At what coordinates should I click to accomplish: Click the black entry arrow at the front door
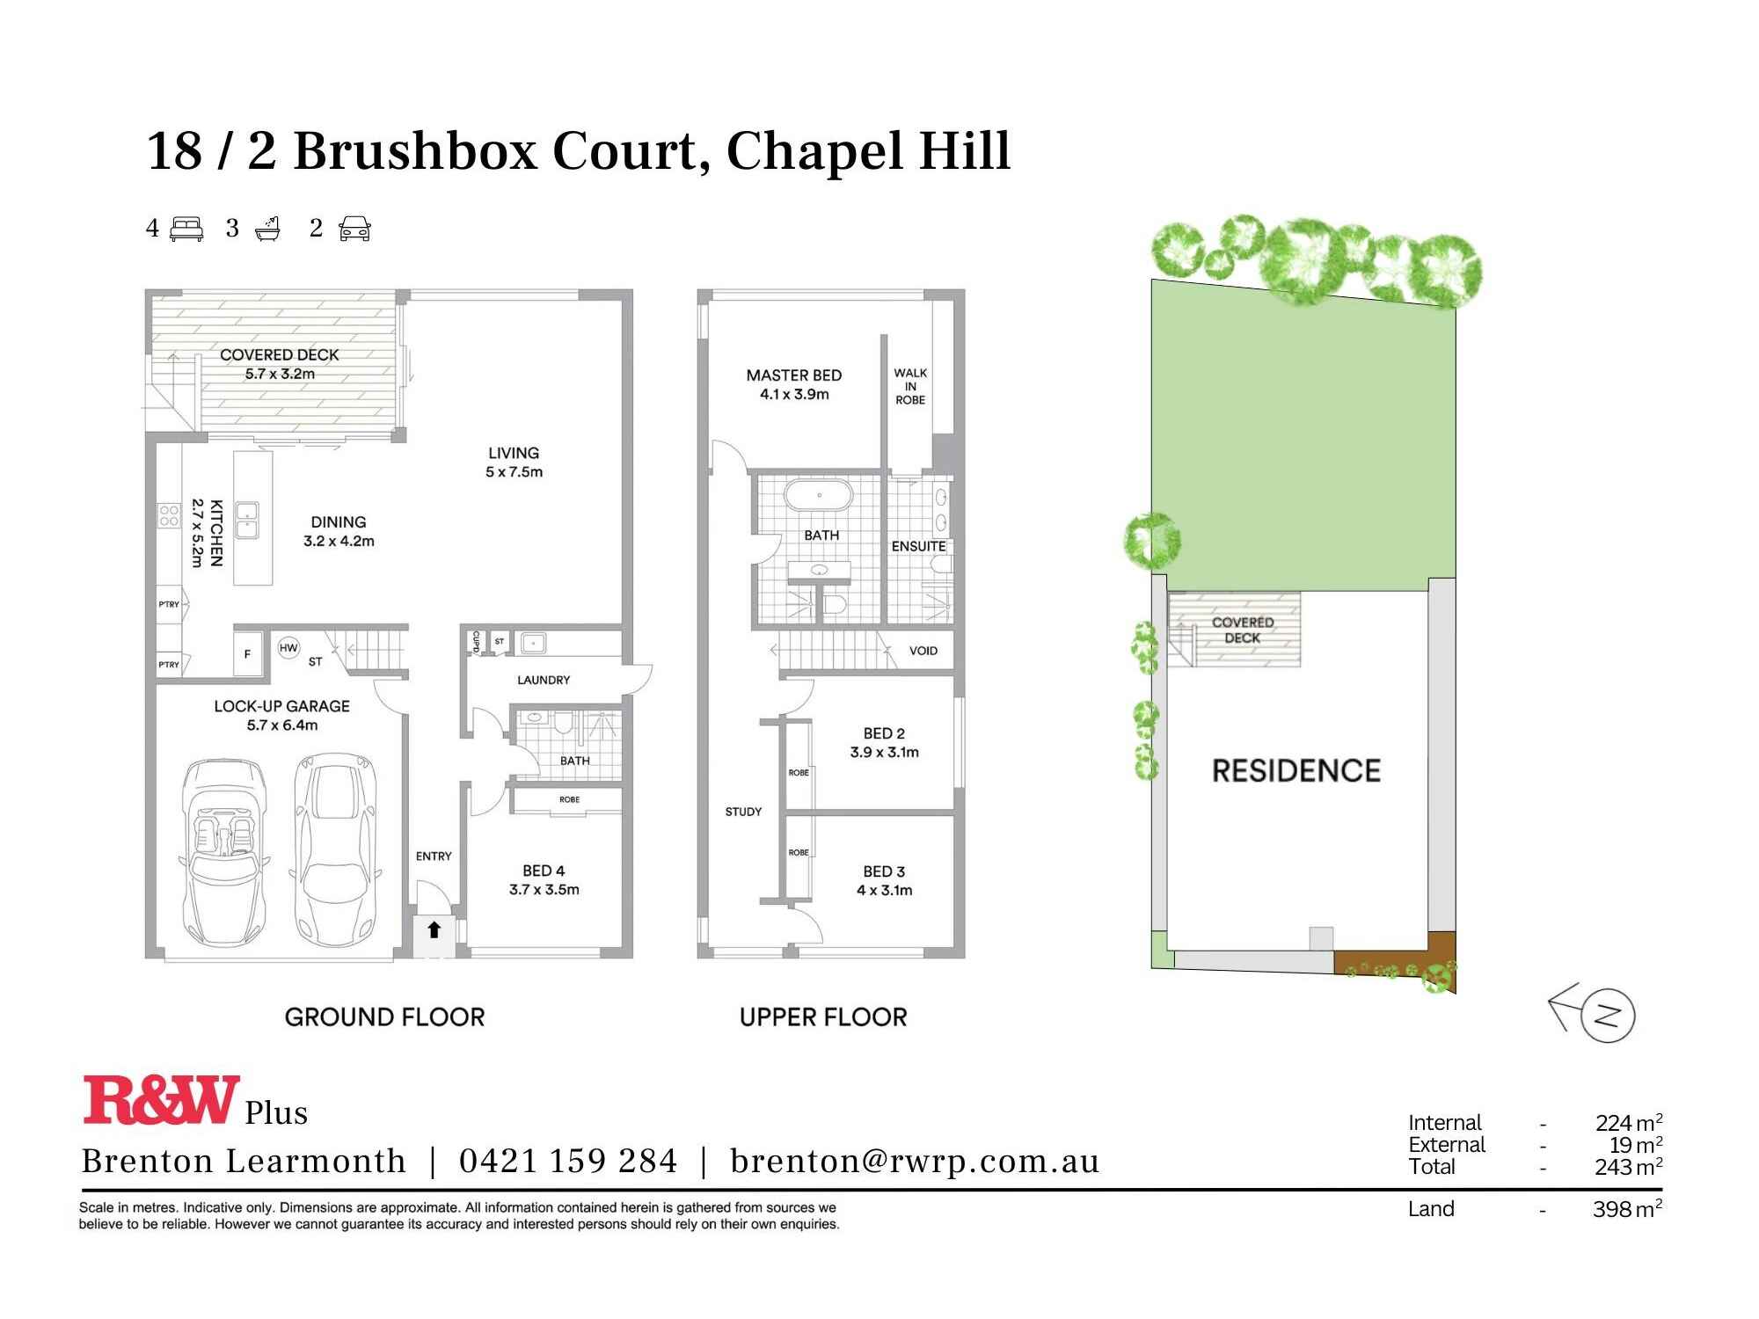tap(434, 929)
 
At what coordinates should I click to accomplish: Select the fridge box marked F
tap(248, 653)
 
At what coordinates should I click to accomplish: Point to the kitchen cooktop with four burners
tap(169, 515)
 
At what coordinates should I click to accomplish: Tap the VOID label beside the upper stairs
tap(923, 651)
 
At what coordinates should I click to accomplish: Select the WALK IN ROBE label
tap(910, 386)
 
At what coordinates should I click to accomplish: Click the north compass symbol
tap(1606, 1017)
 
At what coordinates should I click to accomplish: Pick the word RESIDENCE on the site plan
tap(1296, 771)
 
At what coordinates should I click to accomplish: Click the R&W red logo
tap(161, 1099)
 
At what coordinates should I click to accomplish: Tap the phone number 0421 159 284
tap(568, 1162)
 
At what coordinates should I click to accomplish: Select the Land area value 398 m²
tap(1626, 1209)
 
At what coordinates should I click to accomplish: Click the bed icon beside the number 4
tap(186, 230)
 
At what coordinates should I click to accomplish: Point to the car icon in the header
tap(354, 230)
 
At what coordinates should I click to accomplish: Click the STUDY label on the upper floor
tap(743, 812)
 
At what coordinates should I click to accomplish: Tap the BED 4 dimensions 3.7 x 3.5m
tap(544, 889)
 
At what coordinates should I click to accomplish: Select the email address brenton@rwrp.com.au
tap(915, 1162)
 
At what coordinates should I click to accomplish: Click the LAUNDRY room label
tap(544, 680)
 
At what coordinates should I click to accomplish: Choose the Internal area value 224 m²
tap(1628, 1123)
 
